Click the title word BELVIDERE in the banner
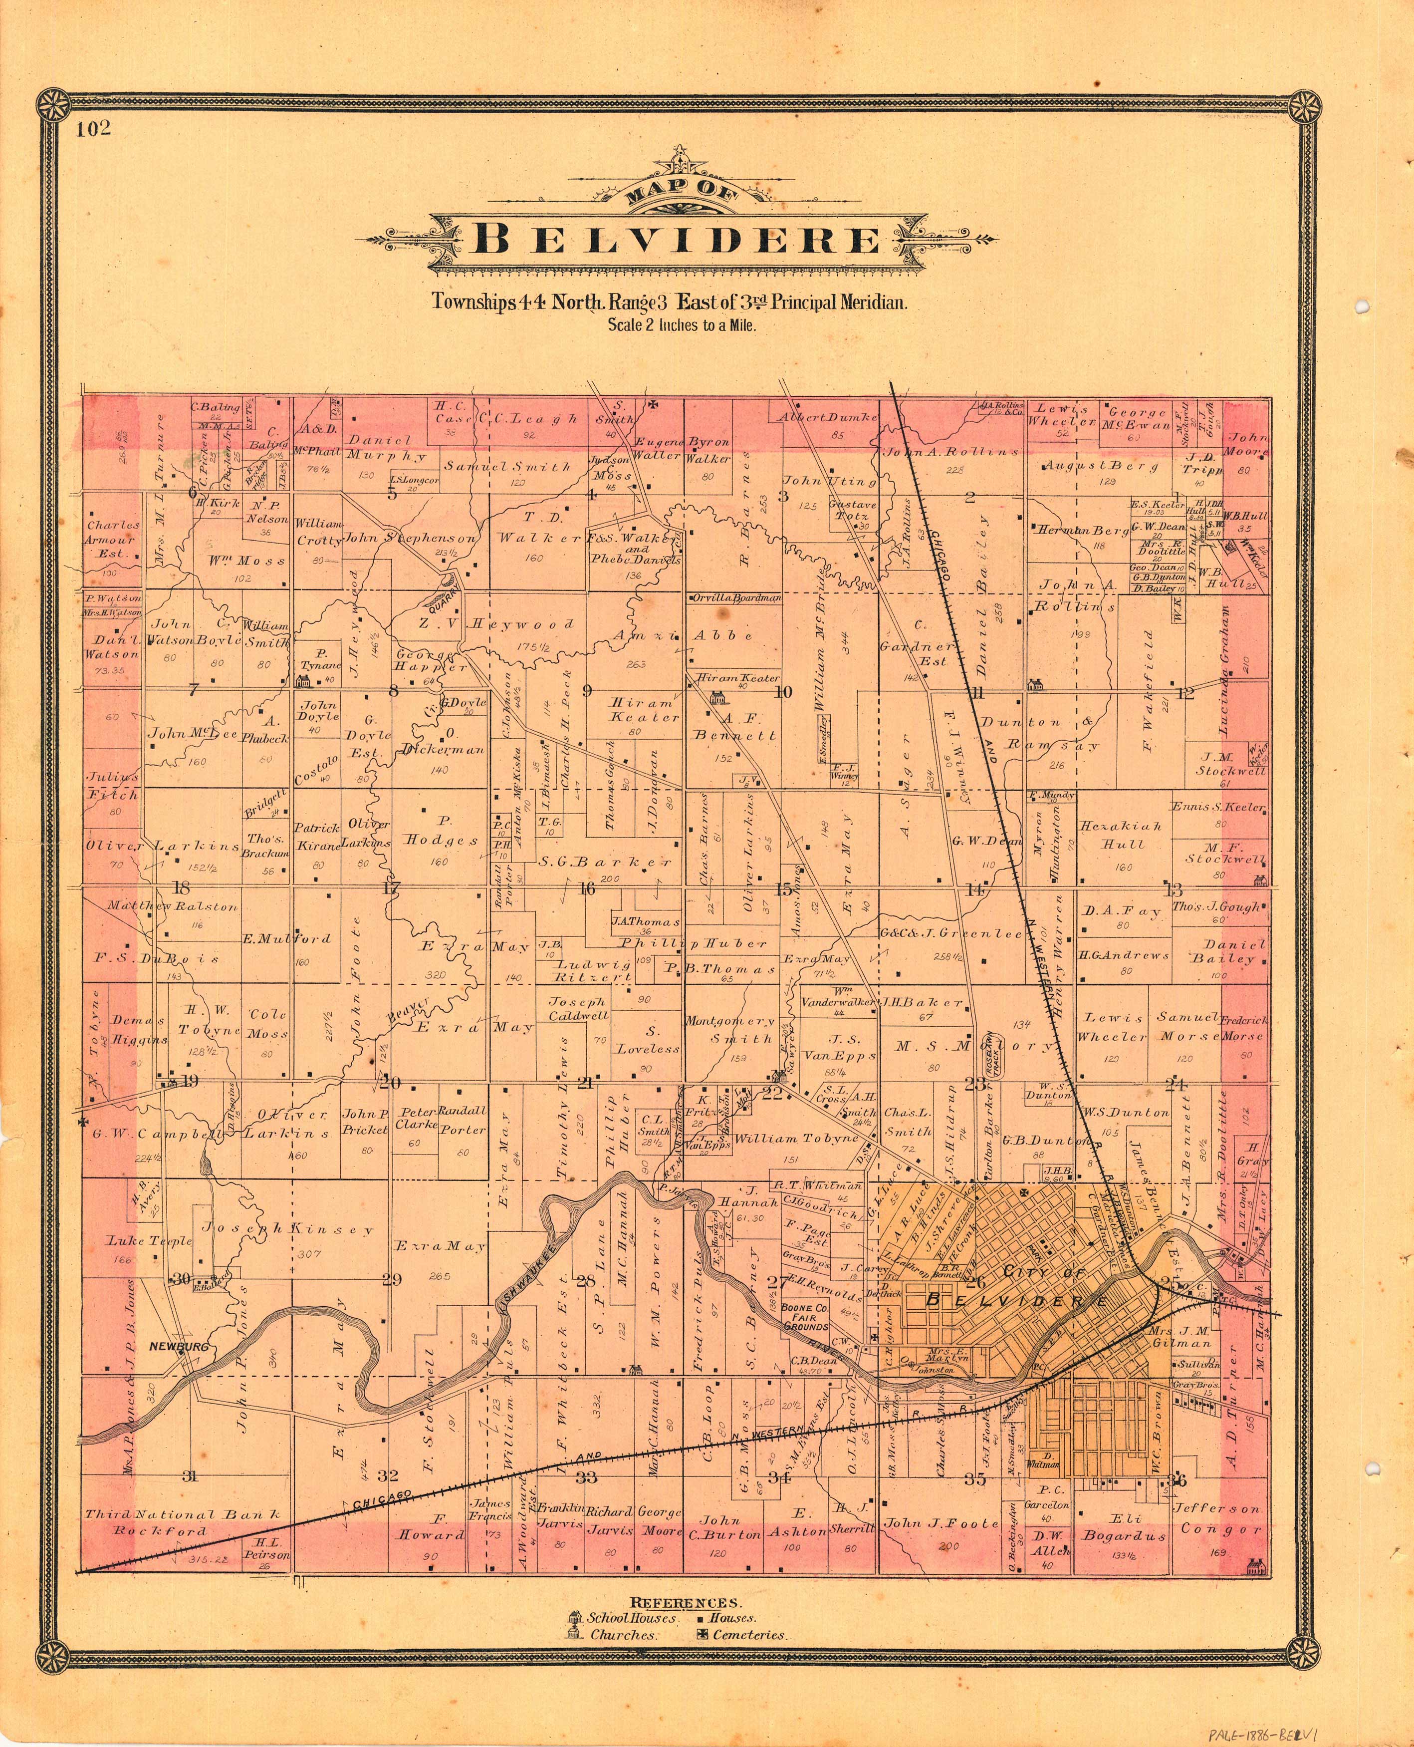point(678,241)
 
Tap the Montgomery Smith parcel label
point(730,1030)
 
